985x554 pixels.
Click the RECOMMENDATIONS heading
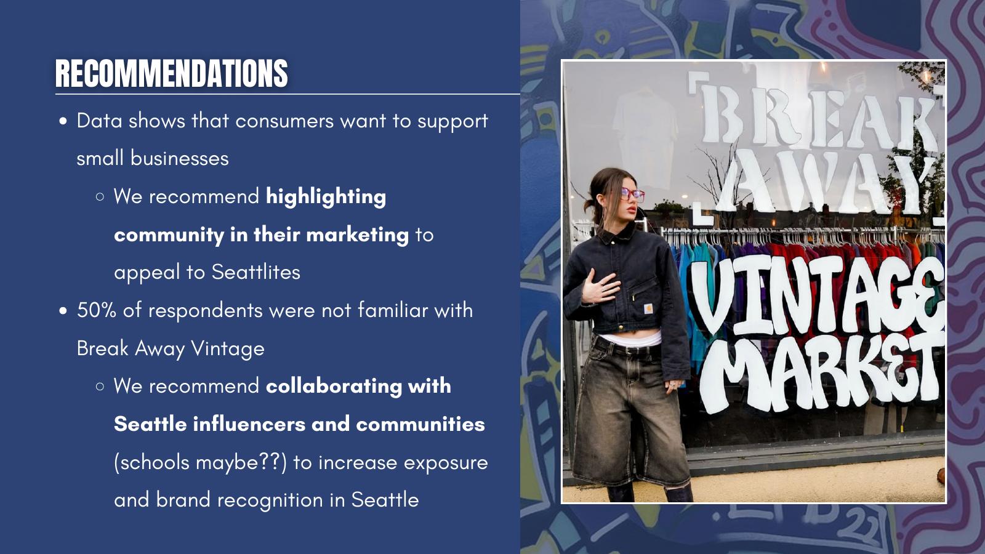pos(172,73)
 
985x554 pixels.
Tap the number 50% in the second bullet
pos(96,310)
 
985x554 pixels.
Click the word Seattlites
pos(256,272)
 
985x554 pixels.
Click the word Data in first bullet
pos(99,121)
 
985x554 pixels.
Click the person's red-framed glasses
pos(632,193)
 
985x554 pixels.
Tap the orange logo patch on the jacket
pos(648,308)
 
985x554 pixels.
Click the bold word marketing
pos(357,235)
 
